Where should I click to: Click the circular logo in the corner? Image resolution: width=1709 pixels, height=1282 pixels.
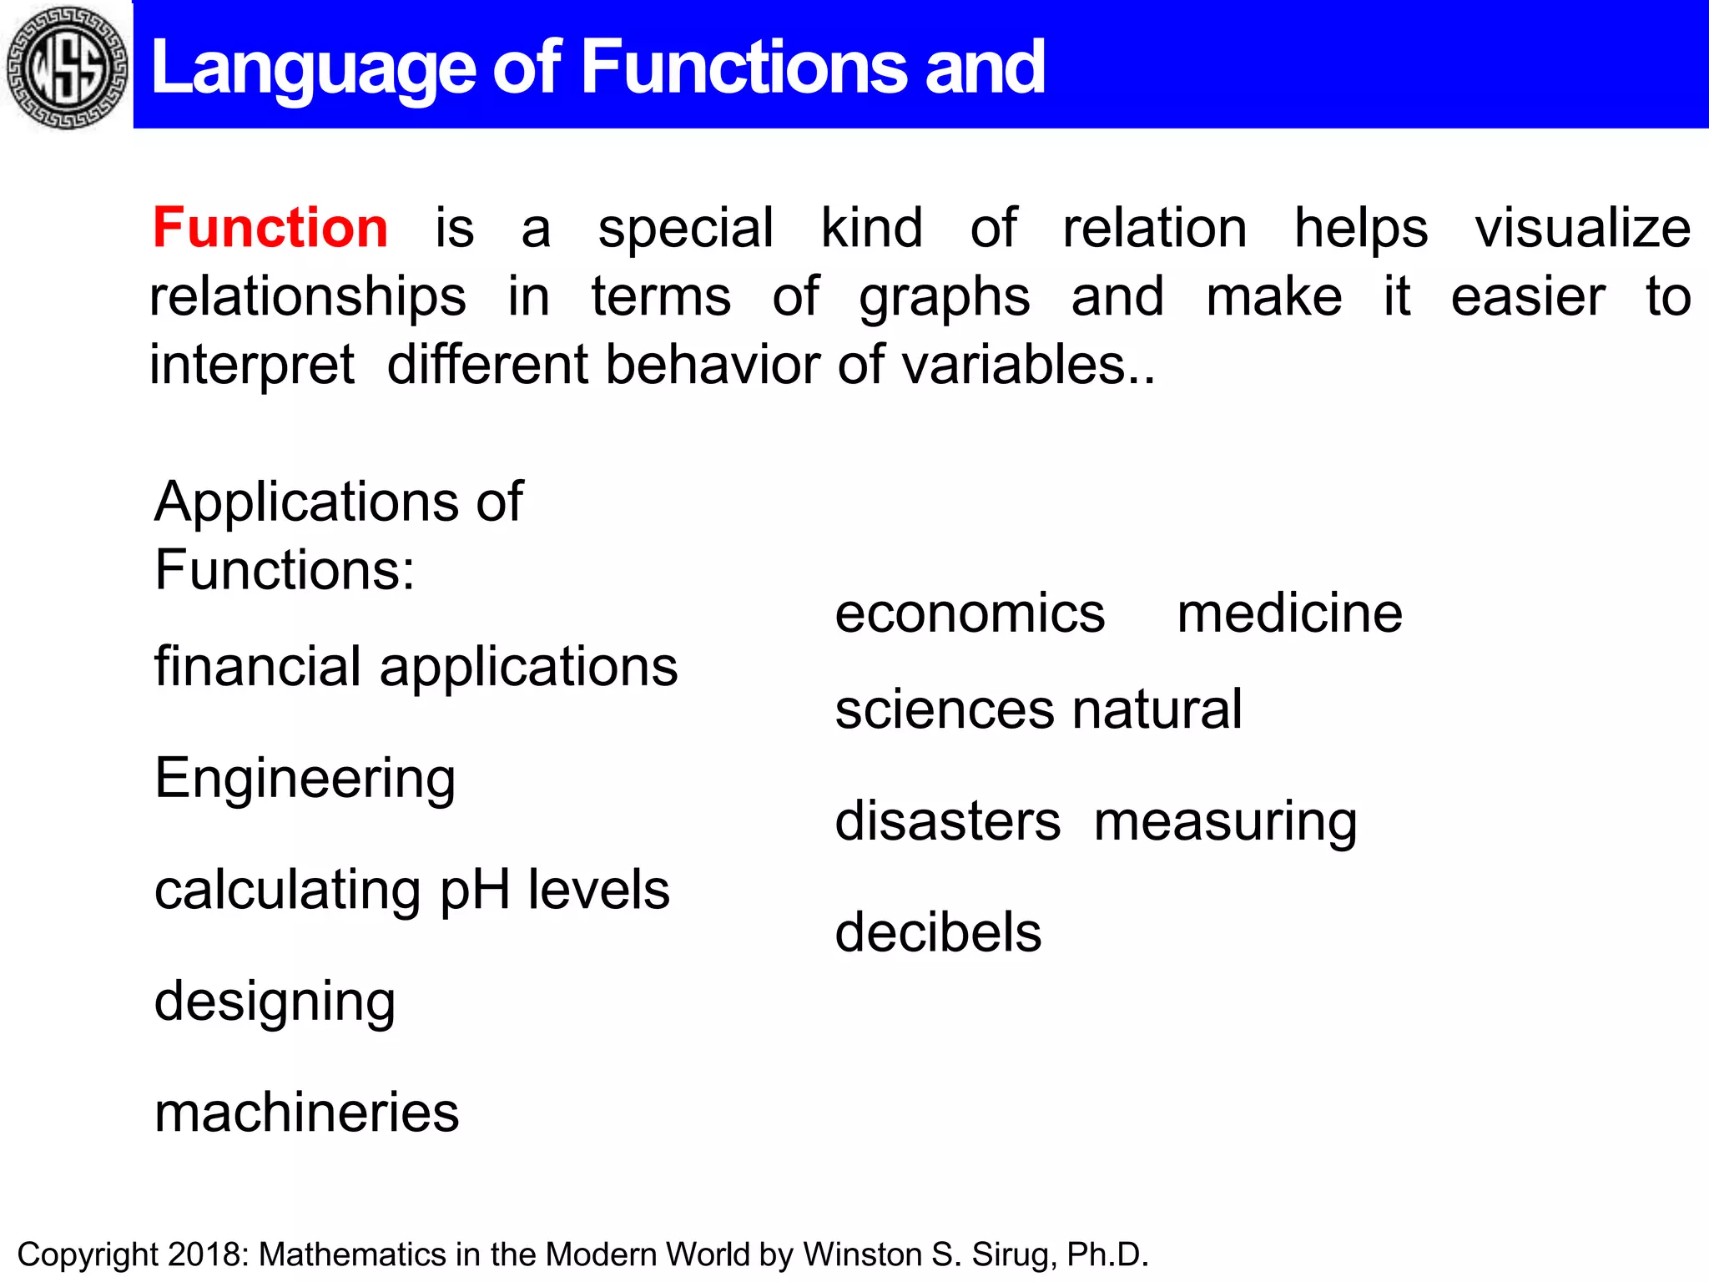tap(67, 67)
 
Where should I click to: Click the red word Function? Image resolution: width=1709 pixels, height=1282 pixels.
tap(270, 227)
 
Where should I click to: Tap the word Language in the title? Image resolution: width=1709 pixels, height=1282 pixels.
tap(314, 68)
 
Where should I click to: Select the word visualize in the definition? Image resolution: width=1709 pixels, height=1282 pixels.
tap(1582, 227)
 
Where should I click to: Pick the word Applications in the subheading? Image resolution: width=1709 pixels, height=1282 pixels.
tap(307, 503)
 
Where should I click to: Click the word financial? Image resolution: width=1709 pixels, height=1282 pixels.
tap(260, 667)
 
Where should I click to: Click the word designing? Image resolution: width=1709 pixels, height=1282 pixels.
tap(275, 1002)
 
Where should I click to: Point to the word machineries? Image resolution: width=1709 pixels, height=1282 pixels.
tap(306, 1113)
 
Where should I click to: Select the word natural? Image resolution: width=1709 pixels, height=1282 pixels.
tap(1157, 709)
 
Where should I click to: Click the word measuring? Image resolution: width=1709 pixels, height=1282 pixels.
tap(1225, 822)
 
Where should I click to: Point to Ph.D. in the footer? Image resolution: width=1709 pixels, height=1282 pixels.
tap(1107, 1254)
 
